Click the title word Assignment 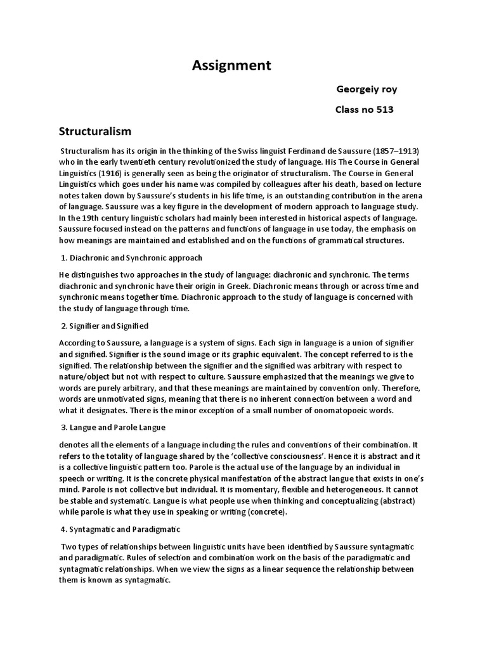(231, 65)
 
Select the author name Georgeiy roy (367, 89)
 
